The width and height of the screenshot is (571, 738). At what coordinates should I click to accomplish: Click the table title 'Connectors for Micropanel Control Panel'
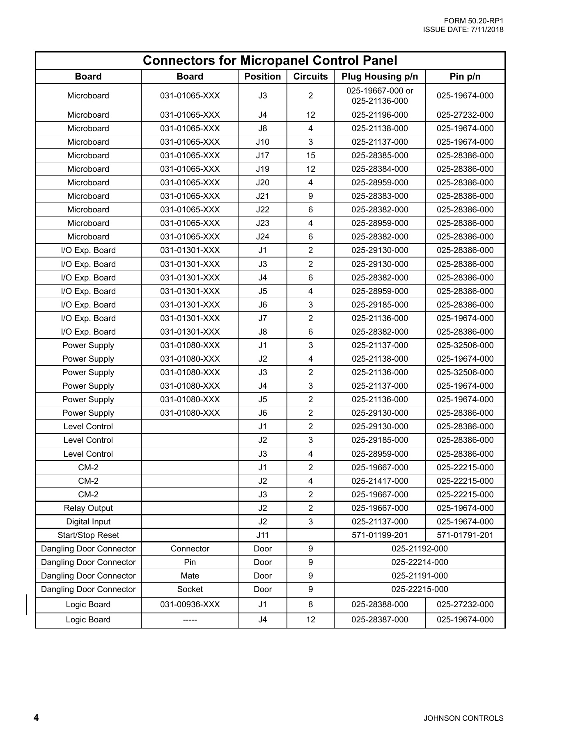click(270, 61)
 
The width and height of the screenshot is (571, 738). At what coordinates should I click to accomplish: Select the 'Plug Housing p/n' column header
click(380, 77)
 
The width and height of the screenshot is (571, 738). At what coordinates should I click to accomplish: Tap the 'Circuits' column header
click(310, 77)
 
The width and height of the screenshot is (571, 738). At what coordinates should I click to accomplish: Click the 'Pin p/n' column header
click(465, 77)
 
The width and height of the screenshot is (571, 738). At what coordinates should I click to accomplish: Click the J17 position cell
click(263, 155)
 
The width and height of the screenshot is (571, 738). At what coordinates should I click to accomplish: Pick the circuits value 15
click(310, 155)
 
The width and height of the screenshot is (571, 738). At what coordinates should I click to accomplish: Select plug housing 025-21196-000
click(380, 115)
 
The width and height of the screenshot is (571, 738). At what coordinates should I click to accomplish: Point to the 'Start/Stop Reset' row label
click(88, 535)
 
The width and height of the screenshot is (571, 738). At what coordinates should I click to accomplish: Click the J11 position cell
click(263, 535)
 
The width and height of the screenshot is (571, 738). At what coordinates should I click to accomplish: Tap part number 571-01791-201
click(465, 535)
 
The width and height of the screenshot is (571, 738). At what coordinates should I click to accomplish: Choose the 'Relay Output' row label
click(88, 508)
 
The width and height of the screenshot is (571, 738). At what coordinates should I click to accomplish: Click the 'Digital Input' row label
click(88, 522)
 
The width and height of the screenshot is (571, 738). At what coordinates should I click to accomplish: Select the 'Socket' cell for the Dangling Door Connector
click(190, 589)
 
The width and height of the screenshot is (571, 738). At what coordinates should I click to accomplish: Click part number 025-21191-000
click(420, 576)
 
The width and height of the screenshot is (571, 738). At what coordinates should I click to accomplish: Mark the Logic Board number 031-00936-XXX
click(190, 604)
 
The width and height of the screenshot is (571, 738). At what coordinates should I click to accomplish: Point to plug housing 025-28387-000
click(380, 620)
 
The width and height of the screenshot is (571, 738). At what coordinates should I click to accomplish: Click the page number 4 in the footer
click(36, 717)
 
